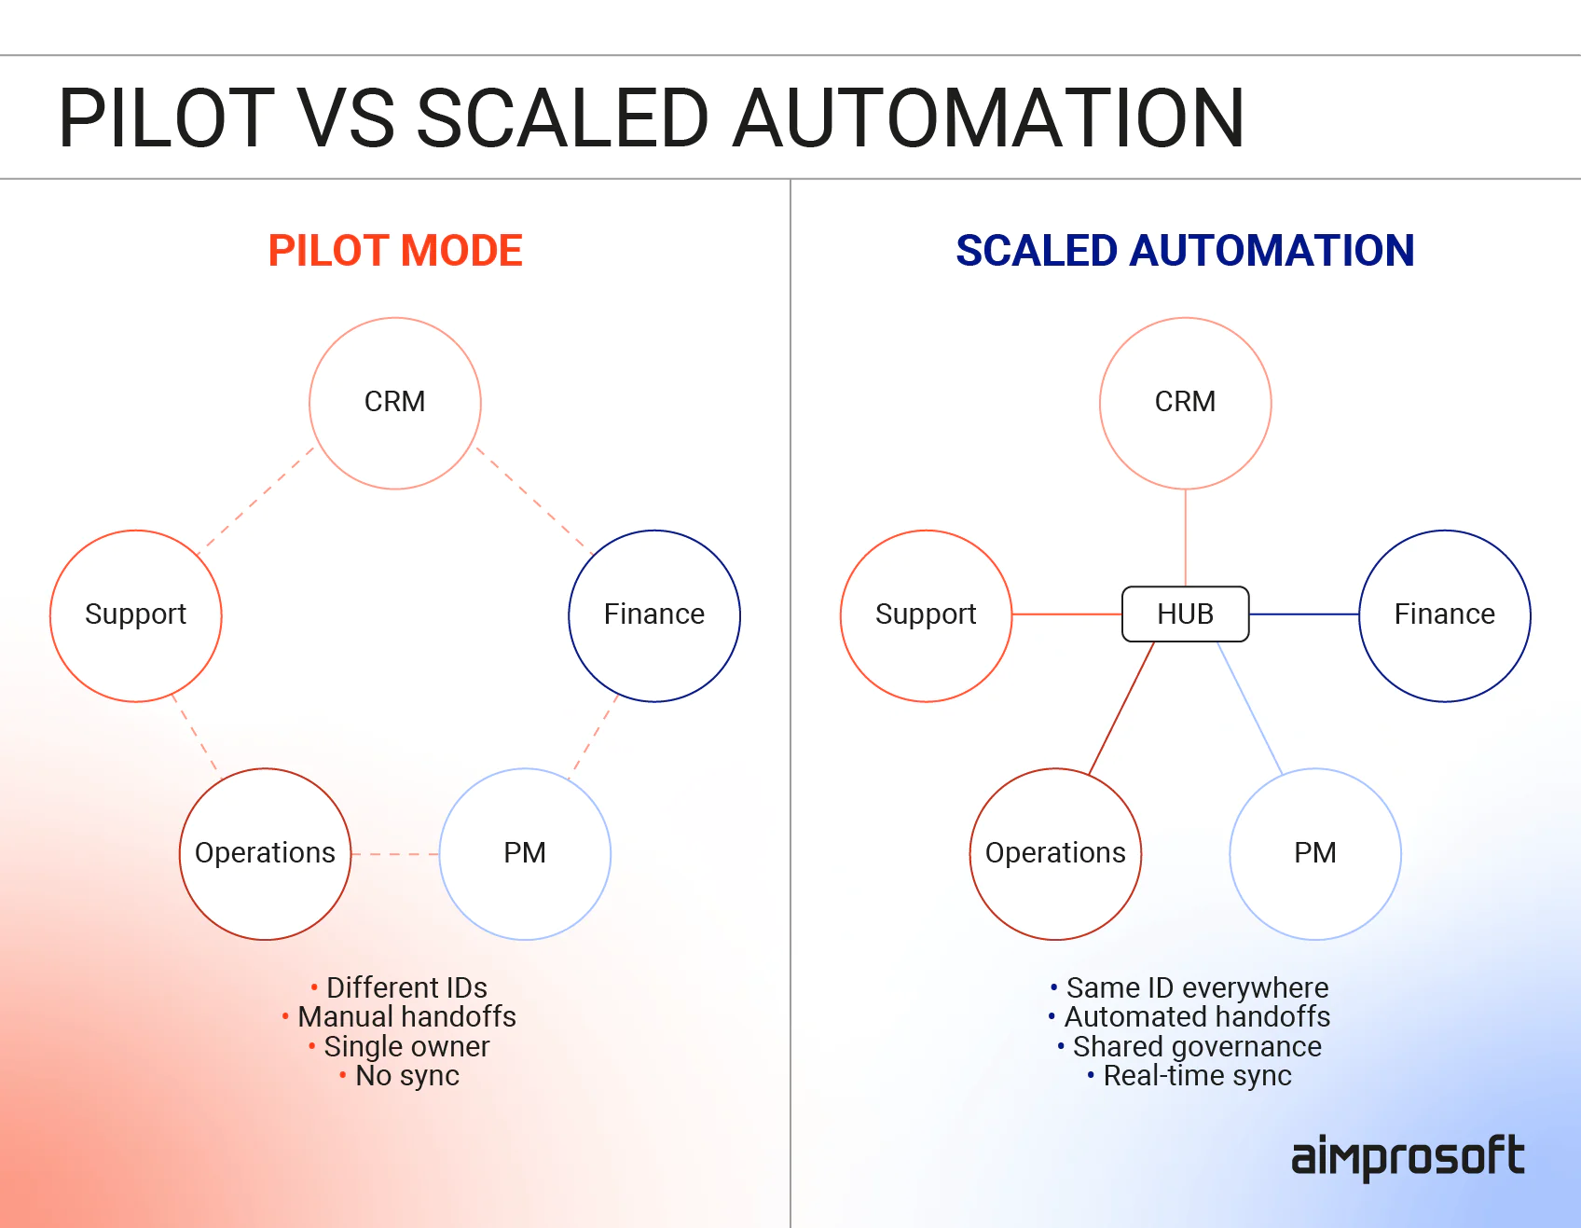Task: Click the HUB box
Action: [1185, 614]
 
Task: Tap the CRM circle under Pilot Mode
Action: [395, 403]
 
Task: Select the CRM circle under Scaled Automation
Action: [1185, 403]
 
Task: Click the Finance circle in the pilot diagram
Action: [654, 615]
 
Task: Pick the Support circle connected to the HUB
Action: [926, 615]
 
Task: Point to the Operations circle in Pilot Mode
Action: [266, 853]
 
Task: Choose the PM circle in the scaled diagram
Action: [1315, 853]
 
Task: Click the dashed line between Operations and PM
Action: [395, 854]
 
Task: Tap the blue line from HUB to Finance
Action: [1303, 614]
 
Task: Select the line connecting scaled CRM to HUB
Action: [1186, 537]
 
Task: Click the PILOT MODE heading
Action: [395, 251]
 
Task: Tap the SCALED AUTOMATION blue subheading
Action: [1185, 251]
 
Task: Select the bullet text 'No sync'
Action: [407, 1076]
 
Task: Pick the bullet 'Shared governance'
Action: [1197, 1046]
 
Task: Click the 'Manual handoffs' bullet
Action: [406, 1016]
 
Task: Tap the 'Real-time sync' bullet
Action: [1197, 1076]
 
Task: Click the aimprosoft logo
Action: [1407, 1157]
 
